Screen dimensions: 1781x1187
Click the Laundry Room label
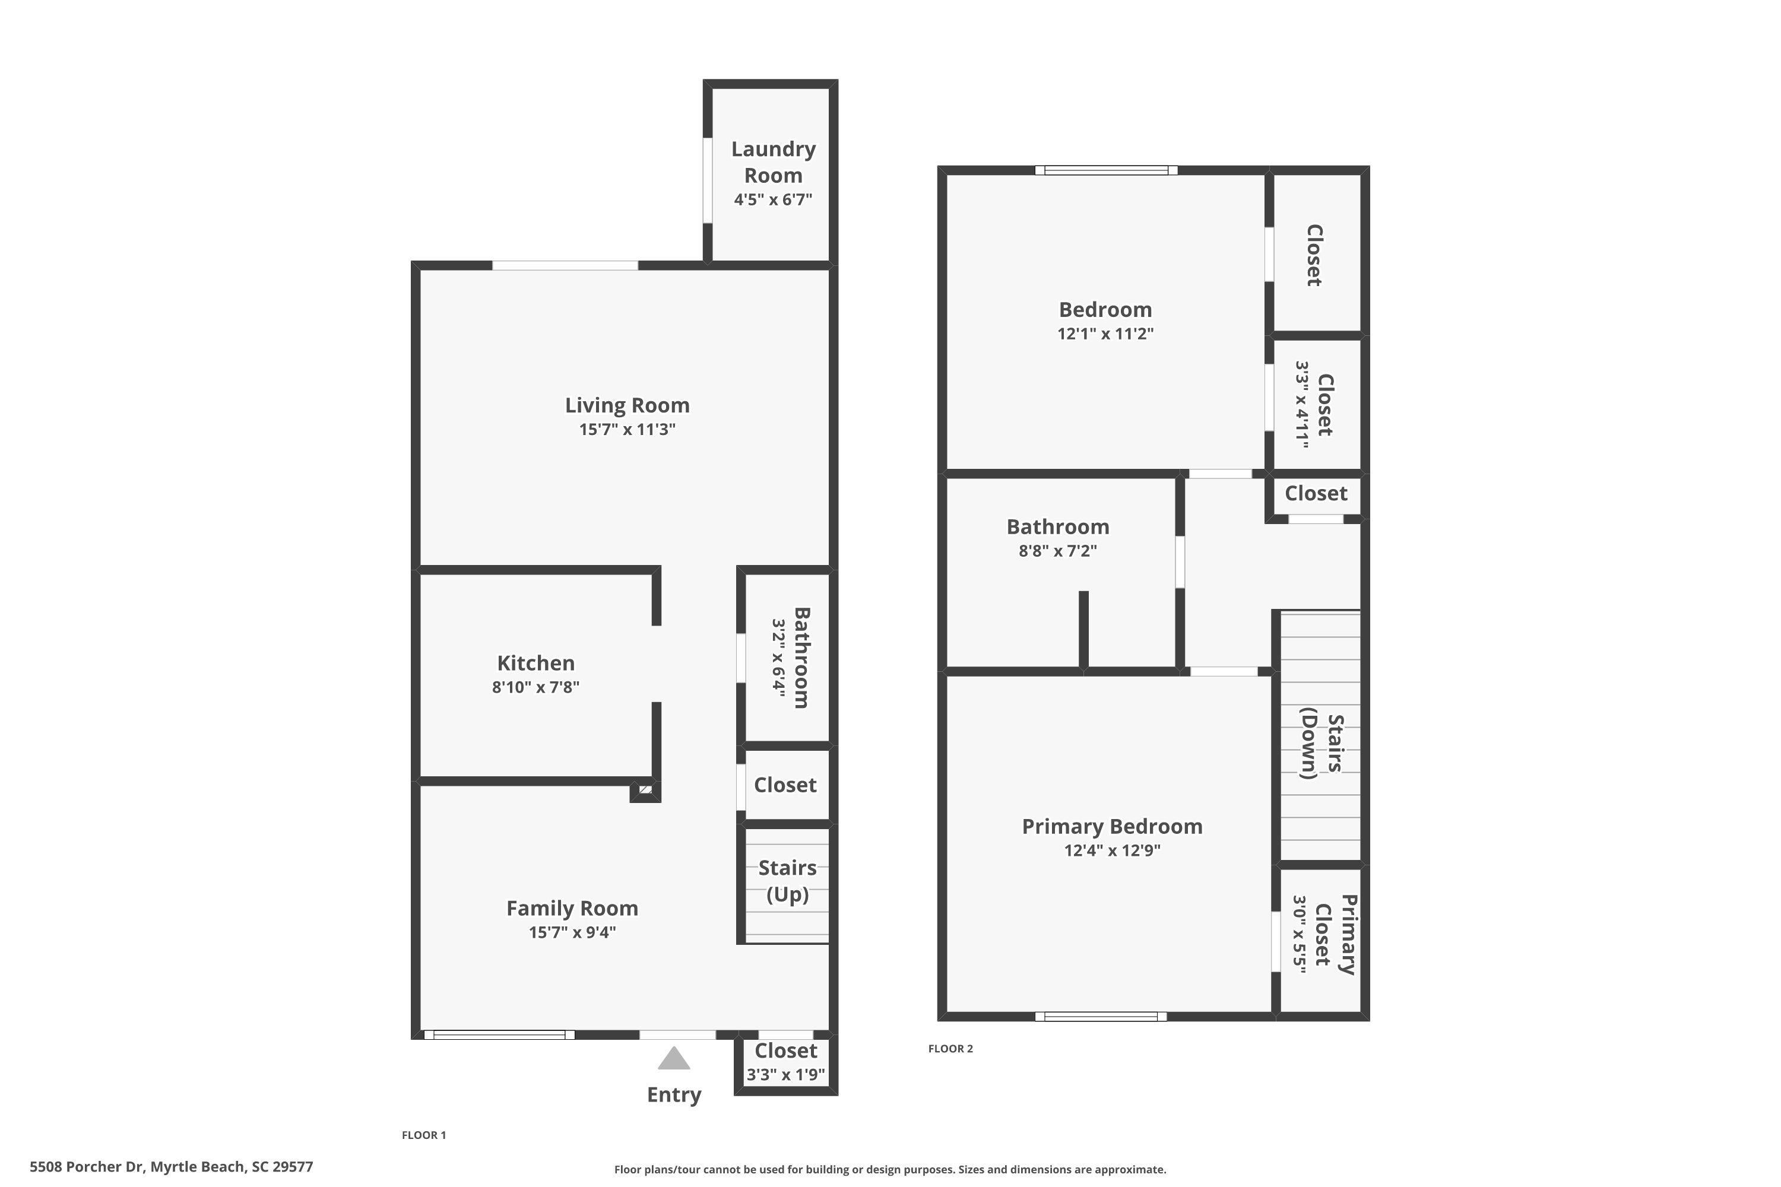tap(773, 162)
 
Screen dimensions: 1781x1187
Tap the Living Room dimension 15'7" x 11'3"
tap(627, 429)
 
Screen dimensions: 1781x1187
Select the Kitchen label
tap(536, 663)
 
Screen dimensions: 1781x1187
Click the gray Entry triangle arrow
tap(674, 1058)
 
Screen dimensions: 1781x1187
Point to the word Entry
tap(674, 1094)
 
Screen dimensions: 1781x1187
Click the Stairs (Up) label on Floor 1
tap(788, 881)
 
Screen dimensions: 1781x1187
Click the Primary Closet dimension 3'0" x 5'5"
tap(1300, 934)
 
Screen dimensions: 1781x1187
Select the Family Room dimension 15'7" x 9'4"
tap(572, 932)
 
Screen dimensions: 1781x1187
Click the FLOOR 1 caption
tap(424, 1135)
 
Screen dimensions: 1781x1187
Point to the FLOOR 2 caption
tap(950, 1049)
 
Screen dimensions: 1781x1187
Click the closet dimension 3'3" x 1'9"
tap(786, 1074)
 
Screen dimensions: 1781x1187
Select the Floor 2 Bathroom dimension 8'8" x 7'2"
tap(1058, 550)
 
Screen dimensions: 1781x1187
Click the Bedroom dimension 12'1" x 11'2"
tap(1105, 333)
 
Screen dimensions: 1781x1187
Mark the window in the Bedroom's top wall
tap(1107, 170)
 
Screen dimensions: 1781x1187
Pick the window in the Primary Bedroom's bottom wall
tap(1101, 1017)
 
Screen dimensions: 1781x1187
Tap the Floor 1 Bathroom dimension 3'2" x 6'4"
tap(778, 657)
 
